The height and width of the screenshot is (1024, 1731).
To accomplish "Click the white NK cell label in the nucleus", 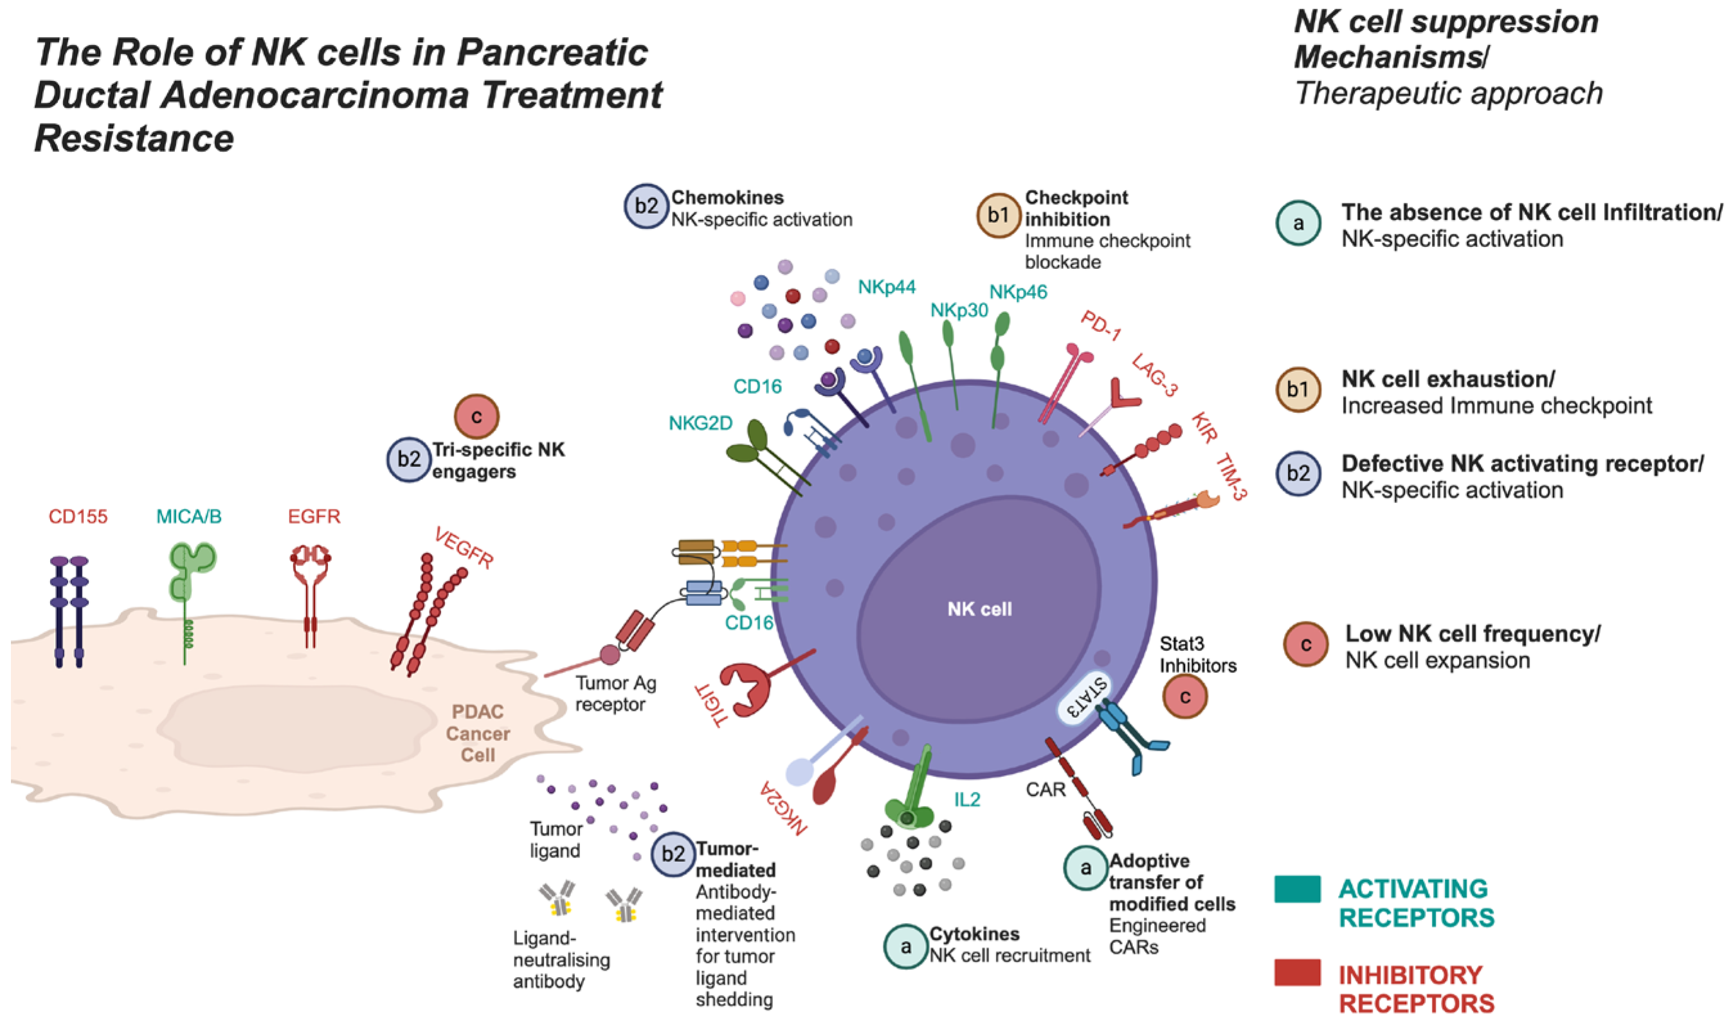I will tap(979, 609).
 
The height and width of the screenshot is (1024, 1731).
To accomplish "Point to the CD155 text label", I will tap(78, 517).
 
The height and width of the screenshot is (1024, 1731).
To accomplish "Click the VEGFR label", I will tap(464, 548).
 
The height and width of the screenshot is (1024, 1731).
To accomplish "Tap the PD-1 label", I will tap(1101, 325).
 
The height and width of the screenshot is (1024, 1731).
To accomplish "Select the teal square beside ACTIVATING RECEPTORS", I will tap(1297, 889).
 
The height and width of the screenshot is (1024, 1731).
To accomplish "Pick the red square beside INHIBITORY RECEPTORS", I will tap(1297, 973).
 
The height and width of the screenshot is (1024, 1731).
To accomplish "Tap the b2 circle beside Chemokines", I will tap(646, 206).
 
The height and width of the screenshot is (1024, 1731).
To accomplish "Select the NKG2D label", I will tap(701, 423).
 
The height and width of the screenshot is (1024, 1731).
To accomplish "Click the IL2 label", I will tap(967, 800).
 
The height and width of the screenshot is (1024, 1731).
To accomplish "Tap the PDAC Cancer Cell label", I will tap(478, 733).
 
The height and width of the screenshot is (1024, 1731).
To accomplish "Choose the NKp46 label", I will tap(1018, 293).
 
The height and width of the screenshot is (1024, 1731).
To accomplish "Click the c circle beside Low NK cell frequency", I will tap(1305, 645).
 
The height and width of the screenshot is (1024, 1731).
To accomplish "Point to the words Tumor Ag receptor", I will tap(615, 693).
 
